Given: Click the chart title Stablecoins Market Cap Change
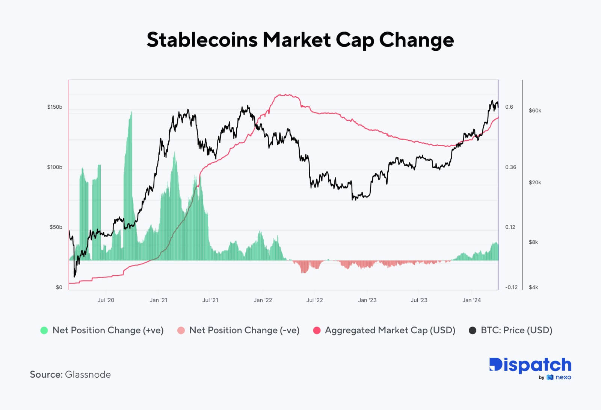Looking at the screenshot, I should click(300, 40).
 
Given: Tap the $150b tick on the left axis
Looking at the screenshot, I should click(54, 107).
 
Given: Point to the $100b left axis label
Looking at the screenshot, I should click(54, 167).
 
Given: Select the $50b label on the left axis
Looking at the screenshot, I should click(56, 227).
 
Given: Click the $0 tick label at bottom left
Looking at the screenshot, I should click(59, 287).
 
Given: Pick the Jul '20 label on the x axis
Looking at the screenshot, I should click(106, 300).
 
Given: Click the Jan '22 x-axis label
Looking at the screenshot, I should click(263, 300).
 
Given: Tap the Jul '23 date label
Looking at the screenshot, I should click(419, 300).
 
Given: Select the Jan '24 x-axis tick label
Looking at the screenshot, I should click(471, 300).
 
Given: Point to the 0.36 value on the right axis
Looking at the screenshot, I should click(510, 167).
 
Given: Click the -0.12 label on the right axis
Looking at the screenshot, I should click(511, 287).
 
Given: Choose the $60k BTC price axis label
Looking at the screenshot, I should click(535, 111).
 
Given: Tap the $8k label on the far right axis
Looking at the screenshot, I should click(533, 242).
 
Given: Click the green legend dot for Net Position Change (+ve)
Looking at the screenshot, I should click(44, 331).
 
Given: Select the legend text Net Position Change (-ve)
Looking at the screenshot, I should click(244, 330).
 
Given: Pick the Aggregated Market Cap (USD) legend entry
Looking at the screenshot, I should click(390, 330).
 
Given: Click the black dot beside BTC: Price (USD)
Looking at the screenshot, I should click(473, 331).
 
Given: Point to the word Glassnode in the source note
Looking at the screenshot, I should click(88, 375).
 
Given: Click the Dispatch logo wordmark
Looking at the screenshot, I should click(530, 365).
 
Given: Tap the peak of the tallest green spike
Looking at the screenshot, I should click(131, 112).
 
